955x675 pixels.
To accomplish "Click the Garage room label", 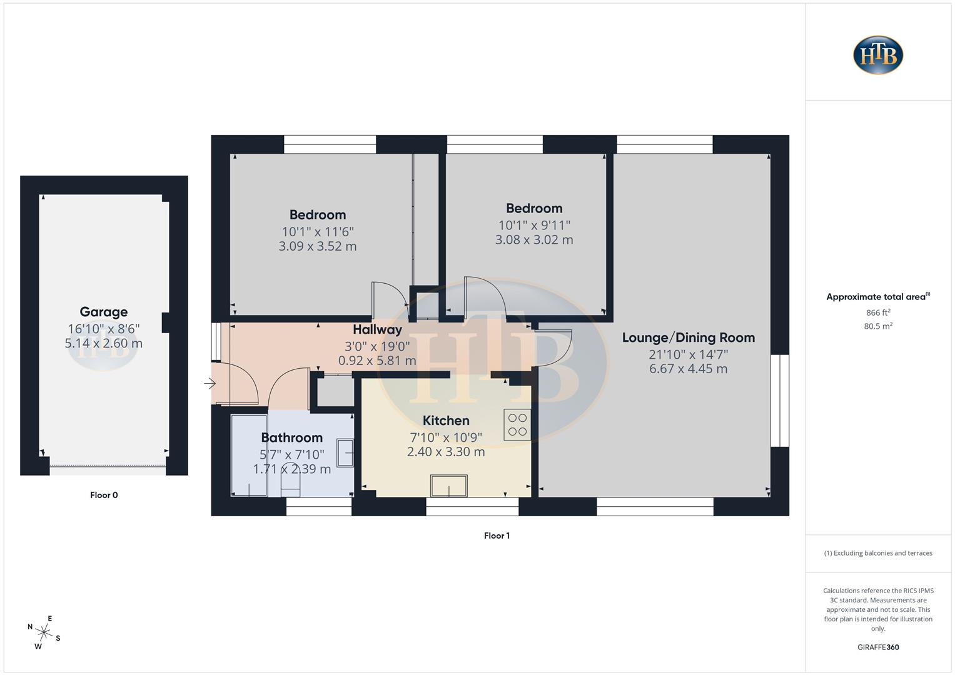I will click(x=104, y=312).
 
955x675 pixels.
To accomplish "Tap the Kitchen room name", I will click(x=446, y=421).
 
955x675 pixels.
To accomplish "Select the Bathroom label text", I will click(x=291, y=437).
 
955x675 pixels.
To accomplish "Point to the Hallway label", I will click(x=377, y=329).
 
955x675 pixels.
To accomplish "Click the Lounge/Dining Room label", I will click(x=688, y=337).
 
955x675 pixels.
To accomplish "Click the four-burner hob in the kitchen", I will click(x=517, y=424).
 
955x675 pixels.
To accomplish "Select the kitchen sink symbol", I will click(x=448, y=485).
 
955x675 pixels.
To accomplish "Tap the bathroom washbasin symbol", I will click(x=345, y=452).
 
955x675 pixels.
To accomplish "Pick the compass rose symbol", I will click(x=44, y=632).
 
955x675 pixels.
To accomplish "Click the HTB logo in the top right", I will click(x=878, y=55).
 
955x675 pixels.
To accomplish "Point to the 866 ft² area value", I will click(x=878, y=312).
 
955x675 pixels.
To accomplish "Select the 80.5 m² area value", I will click(x=878, y=326).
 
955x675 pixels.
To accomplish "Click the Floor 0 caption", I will click(x=104, y=495).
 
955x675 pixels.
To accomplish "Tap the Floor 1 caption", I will click(x=497, y=536).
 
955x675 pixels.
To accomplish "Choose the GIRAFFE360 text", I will click(x=878, y=647).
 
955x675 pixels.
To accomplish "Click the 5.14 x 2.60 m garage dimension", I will click(x=104, y=343).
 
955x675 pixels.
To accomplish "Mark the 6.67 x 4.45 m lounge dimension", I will click(x=688, y=369).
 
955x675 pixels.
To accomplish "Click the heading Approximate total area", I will click(x=877, y=297).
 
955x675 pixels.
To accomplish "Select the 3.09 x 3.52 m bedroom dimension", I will click(x=318, y=246).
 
